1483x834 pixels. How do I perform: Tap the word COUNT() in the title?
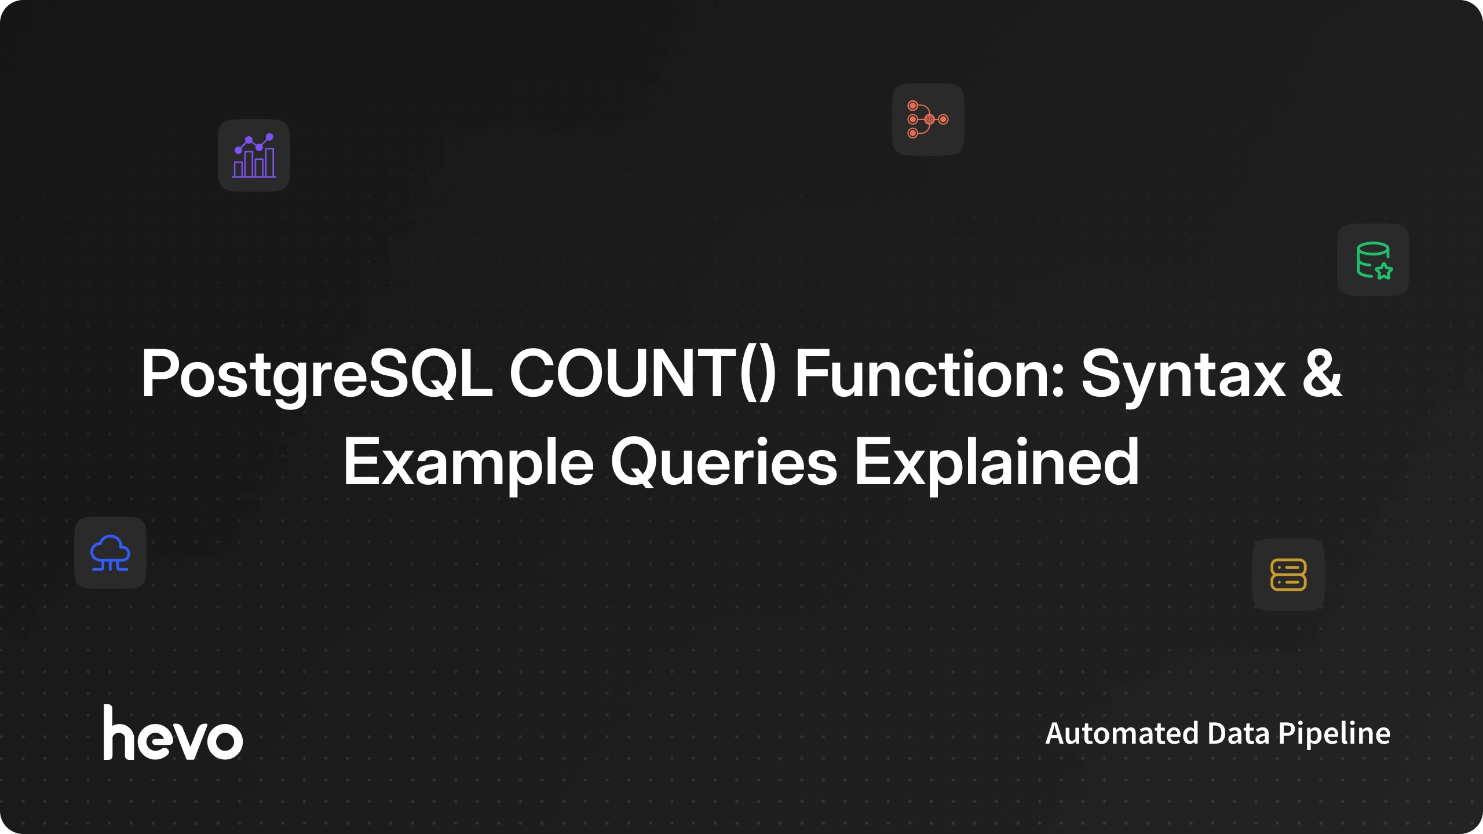(642, 374)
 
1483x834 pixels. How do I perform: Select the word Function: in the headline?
(929, 374)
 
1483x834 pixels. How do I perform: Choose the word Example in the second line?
(469, 463)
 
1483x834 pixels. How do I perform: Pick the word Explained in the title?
(996, 463)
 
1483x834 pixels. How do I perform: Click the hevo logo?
(173, 732)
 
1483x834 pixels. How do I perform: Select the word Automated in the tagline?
(1122, 733)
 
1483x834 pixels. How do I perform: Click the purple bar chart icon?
(254, 155)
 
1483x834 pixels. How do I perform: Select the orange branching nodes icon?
(928, 119)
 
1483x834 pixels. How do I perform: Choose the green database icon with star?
(1374, 260)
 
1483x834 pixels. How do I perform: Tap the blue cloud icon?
(110, 553)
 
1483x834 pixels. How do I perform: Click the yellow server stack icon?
(1288, 575)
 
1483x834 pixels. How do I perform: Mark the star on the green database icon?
(1384, 270)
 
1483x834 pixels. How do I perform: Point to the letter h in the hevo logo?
(119, 732)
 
